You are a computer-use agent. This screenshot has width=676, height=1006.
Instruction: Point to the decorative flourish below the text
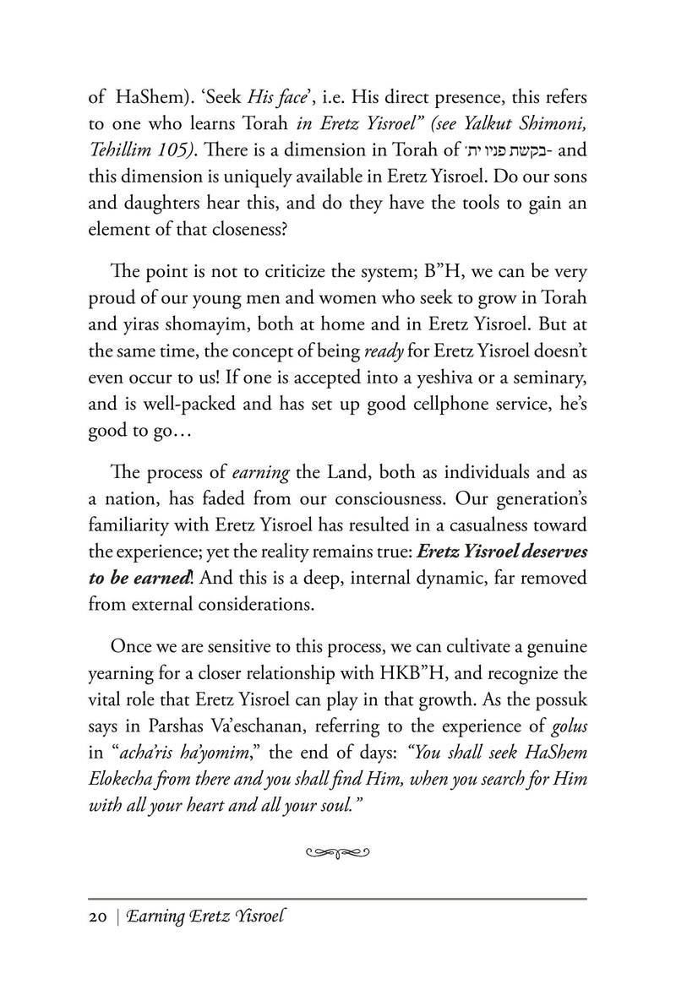tap(337, 853)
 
